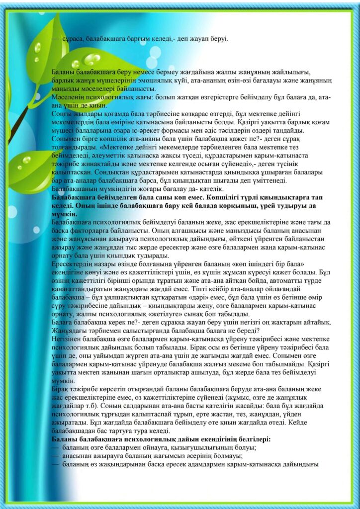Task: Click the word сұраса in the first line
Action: tap(72, 38)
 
